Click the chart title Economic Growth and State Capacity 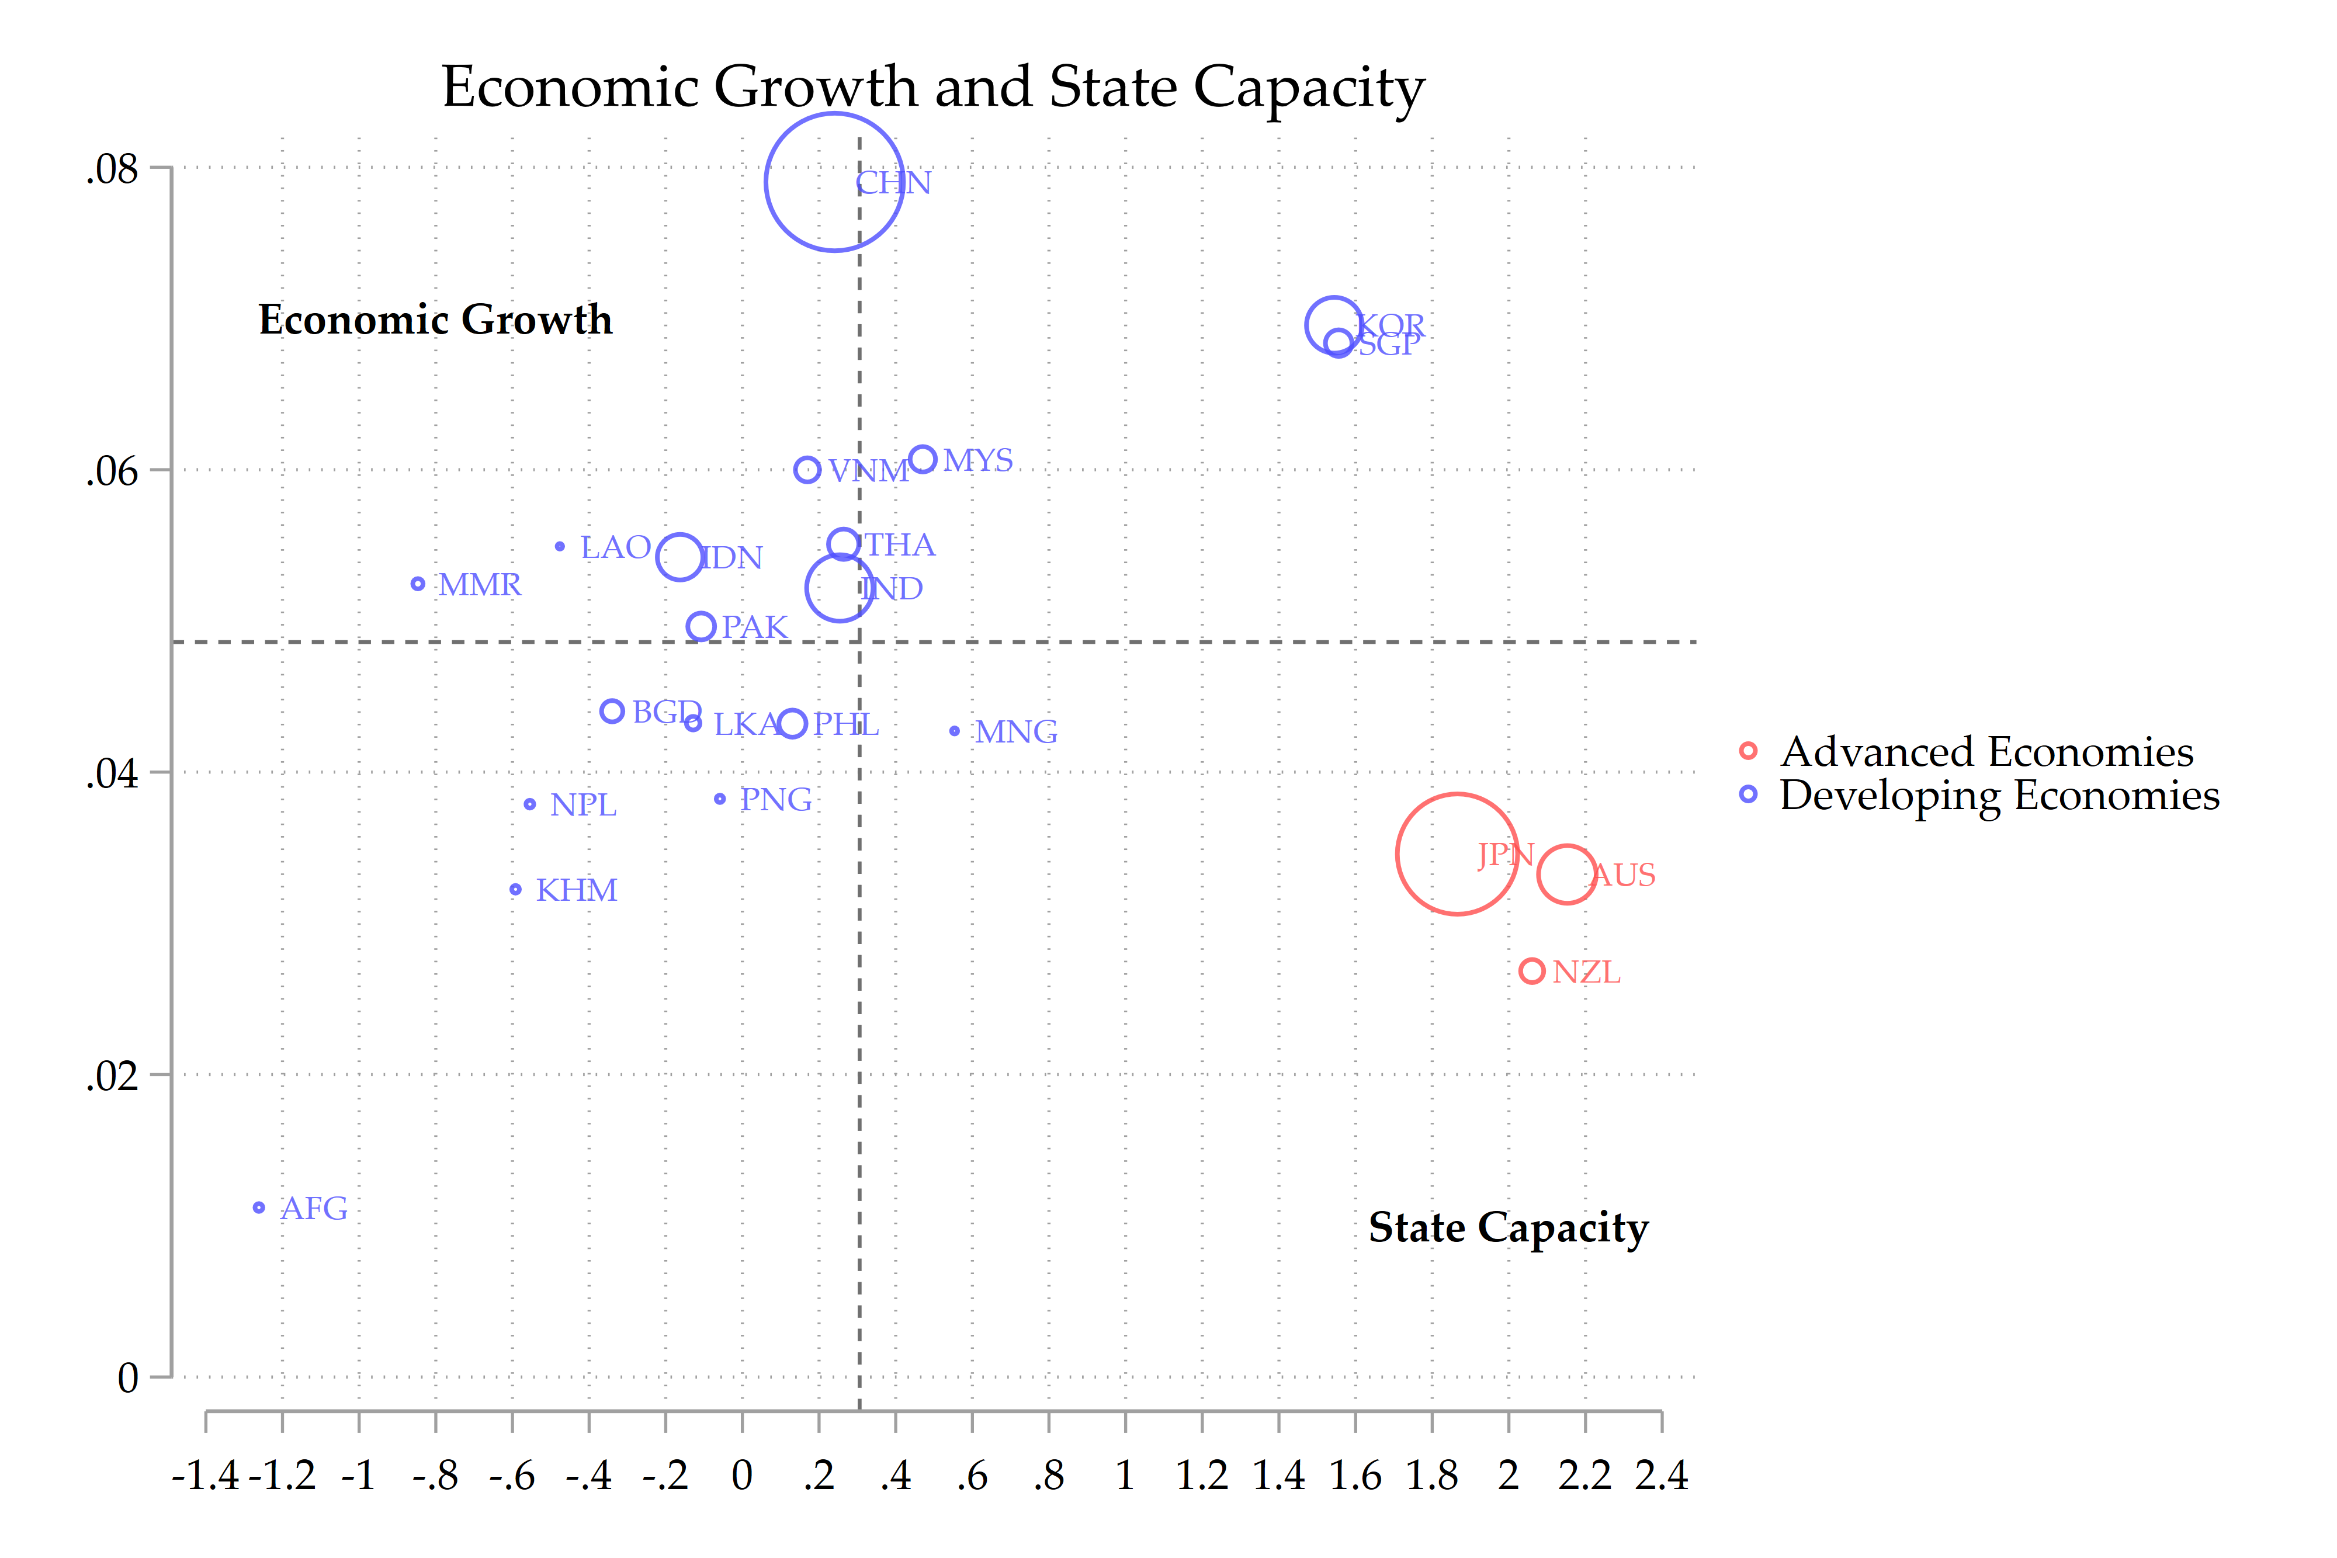point(933,88)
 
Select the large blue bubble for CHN point(835,182)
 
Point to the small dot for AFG point(258,1207)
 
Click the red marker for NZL point(1531,971)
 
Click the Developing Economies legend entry point(1998,795)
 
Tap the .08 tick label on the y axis point(112,169)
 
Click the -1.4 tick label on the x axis point(206,1476)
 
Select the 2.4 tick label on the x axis point(1662,1476)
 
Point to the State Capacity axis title point(1509,1227)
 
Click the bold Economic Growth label point(435,320)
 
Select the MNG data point point(955,731)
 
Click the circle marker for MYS point(923,459)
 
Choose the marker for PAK point(702,627)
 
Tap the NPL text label point(583,805)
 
